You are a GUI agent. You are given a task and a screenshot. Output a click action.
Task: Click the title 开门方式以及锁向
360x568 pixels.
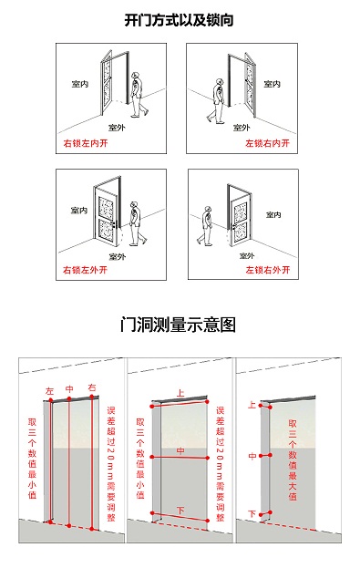click(x=179, y=18)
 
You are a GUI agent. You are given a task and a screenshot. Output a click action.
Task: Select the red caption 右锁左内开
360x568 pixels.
click(x=85, y=144)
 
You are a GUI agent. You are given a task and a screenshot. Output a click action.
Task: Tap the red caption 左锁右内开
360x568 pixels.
click(x=266, y=144)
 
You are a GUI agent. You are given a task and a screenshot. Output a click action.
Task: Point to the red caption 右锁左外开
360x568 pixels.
click(x=85, y=271)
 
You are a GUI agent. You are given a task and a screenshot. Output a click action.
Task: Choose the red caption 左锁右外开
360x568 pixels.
click(x=266, y=271)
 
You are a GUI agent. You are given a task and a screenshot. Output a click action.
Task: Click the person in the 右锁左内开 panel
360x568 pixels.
click(x=138, y=95)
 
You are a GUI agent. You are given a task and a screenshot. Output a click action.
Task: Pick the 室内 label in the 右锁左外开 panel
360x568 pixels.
click(x=78, y=211)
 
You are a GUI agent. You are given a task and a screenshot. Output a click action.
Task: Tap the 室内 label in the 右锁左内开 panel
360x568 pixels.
click(x=80, y=84)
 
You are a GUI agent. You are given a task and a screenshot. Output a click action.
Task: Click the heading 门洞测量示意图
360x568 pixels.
click(x=179, y=325)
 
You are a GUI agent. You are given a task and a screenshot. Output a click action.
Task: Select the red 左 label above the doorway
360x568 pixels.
click(x=50, y=391)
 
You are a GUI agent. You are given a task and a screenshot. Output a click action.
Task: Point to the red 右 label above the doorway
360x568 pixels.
click(x=91, y=388)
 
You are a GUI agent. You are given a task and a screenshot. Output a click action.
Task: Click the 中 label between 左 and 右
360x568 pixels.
click(x=69, y=389)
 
